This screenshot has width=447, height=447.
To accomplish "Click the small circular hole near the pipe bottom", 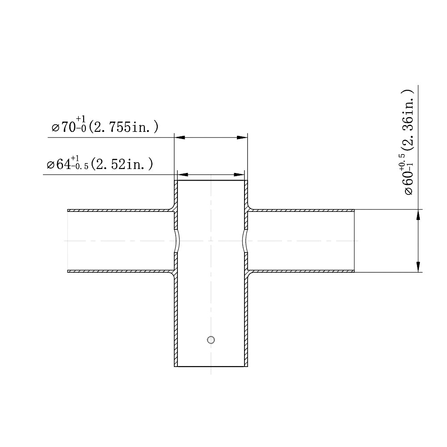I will (x=211, y=340).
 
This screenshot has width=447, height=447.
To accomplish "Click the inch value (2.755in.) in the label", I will (x=124, y=127).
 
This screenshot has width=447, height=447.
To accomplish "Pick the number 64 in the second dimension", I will (x=63, y=165).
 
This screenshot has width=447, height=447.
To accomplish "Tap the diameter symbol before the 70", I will (x=55, y=128).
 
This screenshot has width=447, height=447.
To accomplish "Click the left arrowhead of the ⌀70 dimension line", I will (x=179, y=138).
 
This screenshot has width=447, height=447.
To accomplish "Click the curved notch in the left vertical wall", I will (x=176, y=241).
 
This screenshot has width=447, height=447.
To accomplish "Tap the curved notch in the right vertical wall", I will (x=245, y=241).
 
